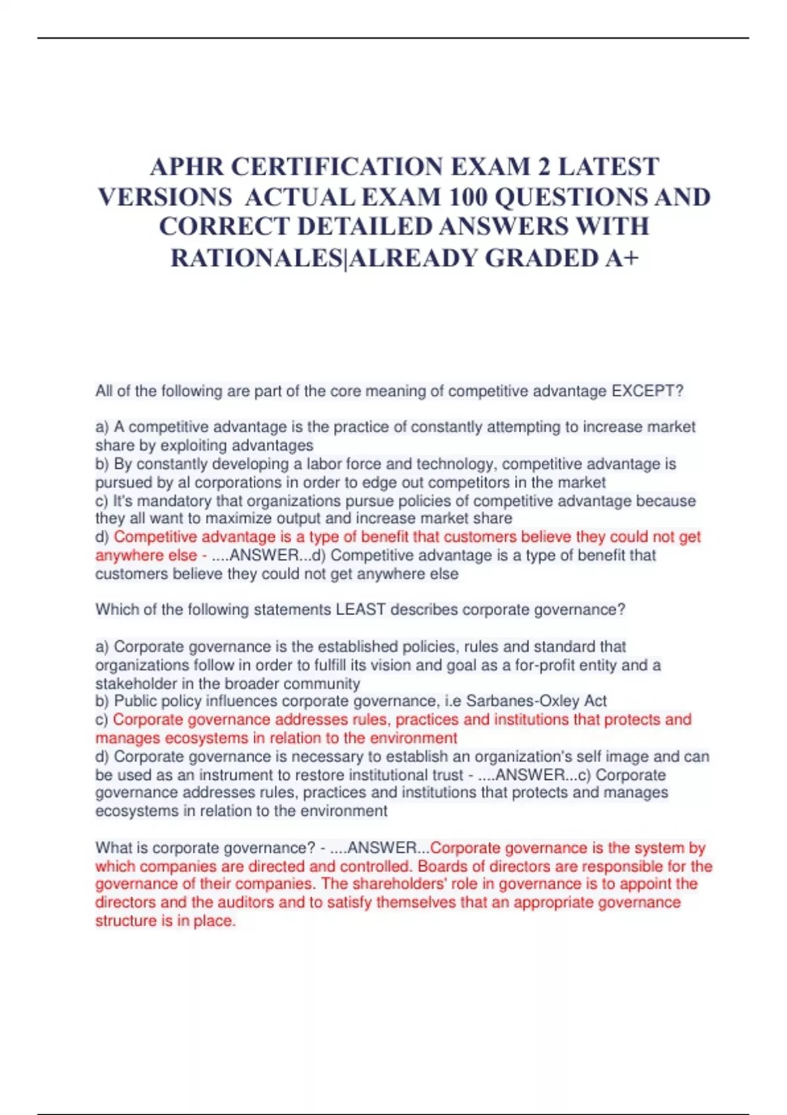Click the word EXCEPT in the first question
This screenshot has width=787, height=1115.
(x=641, y=392)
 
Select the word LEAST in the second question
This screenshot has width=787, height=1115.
(x=360, y=610)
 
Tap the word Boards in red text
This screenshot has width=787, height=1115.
(x=439, y=866)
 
